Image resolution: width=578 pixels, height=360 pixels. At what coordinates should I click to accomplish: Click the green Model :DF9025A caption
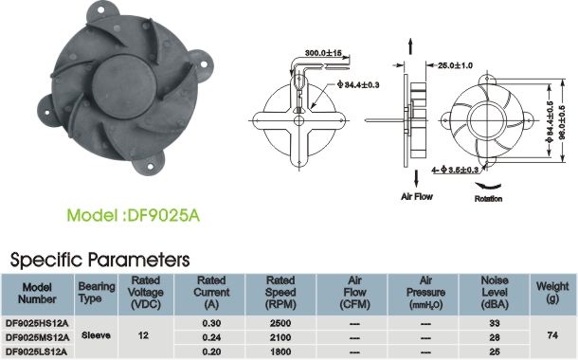(x=133, y=215)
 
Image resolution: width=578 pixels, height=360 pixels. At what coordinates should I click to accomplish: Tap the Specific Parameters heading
(x=99, y=260)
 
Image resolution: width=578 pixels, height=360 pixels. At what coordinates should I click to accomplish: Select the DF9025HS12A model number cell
(x=37, y=323)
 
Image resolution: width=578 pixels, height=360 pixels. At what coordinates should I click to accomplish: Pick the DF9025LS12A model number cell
(x=37, y=351)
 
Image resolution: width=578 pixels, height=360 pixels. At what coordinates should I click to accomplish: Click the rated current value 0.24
(x=211, y=337)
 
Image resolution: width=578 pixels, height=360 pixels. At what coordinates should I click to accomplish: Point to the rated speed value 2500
(x=280, y=323)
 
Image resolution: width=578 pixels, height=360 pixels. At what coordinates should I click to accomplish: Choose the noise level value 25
(x=495, y=351)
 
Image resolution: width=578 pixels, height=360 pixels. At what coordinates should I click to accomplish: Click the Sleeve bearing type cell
(x=96, y=335)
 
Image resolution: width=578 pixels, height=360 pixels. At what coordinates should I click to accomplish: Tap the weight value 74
(x=552, y=335)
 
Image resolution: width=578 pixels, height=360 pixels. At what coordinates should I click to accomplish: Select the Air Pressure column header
(x=425, y=293)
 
